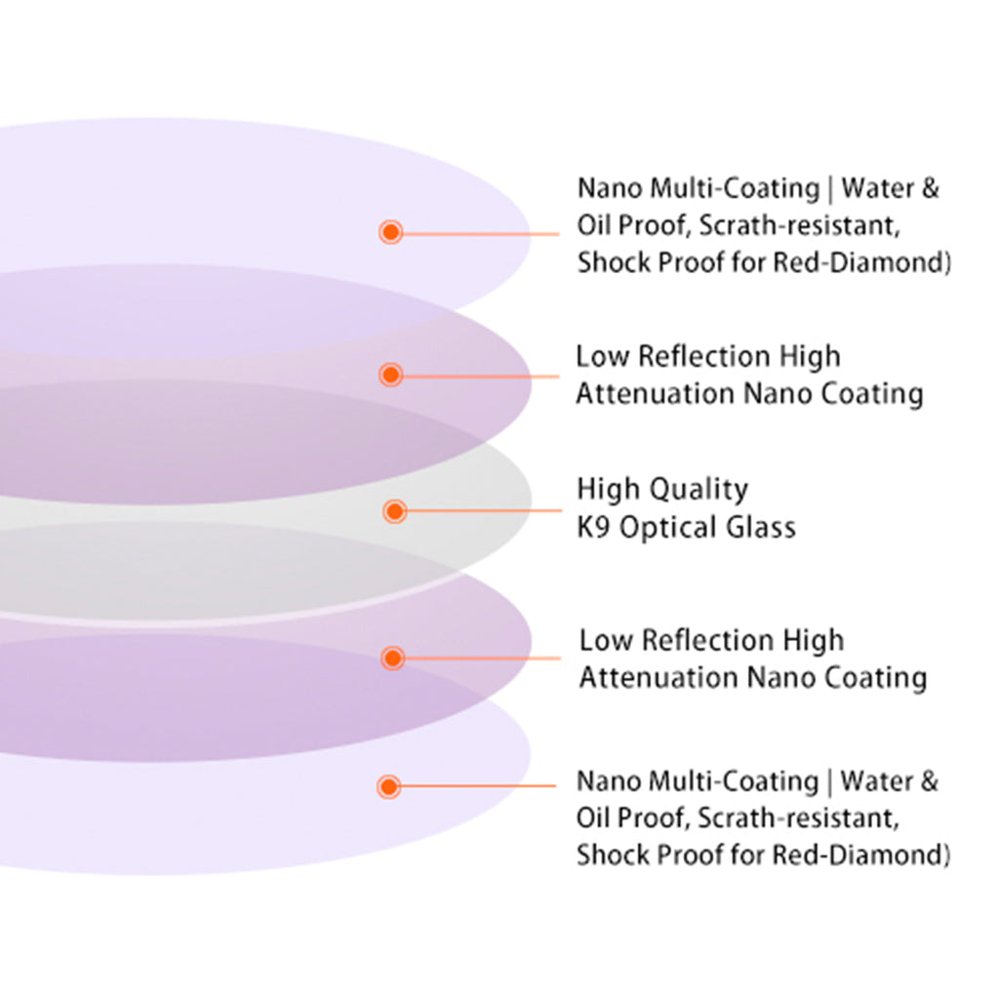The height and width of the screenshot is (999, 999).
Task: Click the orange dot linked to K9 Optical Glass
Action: (395, 511)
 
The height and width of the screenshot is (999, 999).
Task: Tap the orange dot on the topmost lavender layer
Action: (390, 232)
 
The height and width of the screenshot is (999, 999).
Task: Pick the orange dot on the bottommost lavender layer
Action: (388, 786)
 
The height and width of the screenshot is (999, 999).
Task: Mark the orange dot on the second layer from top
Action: (390, 374)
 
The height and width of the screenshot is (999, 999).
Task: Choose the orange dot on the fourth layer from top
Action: (393, 658)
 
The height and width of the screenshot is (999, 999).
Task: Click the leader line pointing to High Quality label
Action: (484, 511)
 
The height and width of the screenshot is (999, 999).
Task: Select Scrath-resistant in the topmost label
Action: (800, 225)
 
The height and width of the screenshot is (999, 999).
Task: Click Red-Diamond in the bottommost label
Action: (858, 855)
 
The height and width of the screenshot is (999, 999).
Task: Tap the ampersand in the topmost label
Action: (930, 188)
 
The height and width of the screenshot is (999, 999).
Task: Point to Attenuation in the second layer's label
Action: (655, 394)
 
